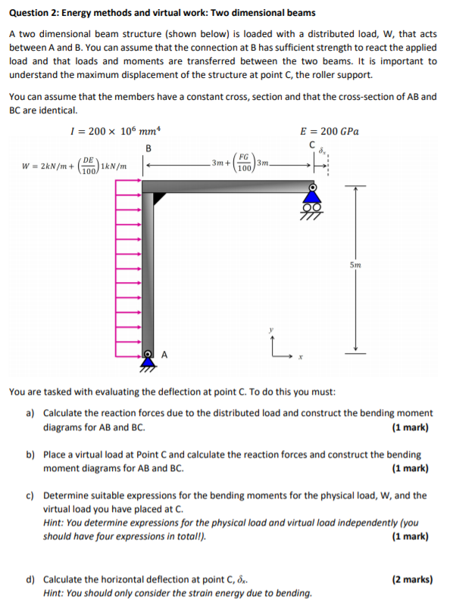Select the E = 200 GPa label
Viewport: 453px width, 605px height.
(330, 131)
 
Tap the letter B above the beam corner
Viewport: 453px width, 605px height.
(148, 147)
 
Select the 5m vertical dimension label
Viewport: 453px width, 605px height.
(355, 265)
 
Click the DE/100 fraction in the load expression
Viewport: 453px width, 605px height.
(89, 164)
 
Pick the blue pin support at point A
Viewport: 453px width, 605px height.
(146, 362)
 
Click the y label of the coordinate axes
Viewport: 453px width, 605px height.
(267, 330)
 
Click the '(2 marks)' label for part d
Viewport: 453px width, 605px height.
(412, 580)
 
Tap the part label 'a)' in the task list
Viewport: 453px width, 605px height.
(30, 414)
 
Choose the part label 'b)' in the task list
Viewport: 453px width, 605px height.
(30, 455)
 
